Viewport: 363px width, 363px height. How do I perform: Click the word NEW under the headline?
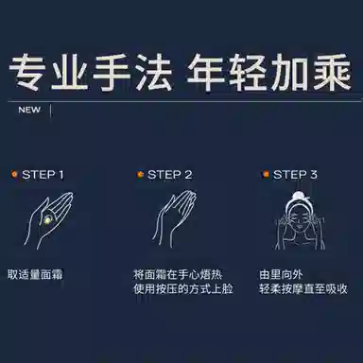point(29,110)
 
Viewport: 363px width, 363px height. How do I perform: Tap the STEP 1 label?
point(43,175)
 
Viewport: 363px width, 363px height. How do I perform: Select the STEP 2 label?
point(170,175)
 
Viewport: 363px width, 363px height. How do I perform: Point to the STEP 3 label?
point(295,175)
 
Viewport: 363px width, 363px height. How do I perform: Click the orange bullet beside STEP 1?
point(14,174)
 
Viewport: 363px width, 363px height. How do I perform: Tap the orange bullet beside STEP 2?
point(140,174)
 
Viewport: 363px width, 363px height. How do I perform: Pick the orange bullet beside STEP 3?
point(266,174)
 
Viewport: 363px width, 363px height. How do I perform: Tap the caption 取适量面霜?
point(35,274)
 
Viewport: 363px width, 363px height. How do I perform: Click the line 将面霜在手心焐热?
point(178,274)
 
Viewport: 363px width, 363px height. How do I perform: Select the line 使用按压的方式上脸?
point(182,288)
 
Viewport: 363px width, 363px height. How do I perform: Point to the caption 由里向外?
point(281,274)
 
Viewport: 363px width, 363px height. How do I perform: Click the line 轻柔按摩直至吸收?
point(303,288)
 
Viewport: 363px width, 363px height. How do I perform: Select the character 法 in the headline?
point(153,72)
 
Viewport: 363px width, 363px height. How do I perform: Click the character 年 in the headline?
point(207,72)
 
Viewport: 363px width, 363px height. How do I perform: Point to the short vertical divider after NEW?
point(51,111)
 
